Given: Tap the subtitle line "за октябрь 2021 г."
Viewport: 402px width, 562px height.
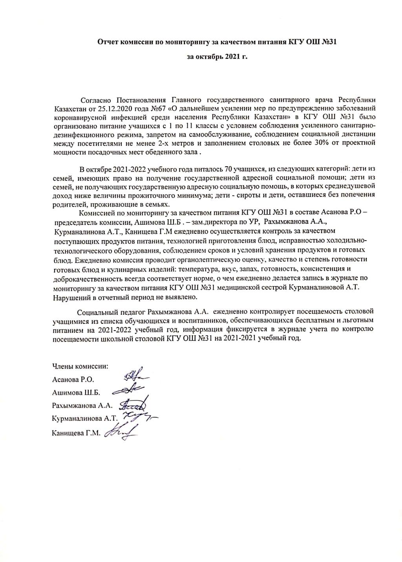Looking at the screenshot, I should click(x=217, y=57).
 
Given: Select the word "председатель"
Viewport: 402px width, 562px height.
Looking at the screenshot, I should click(x=77, y=221).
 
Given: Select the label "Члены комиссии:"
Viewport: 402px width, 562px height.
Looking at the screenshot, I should click(x=80, y=366).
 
